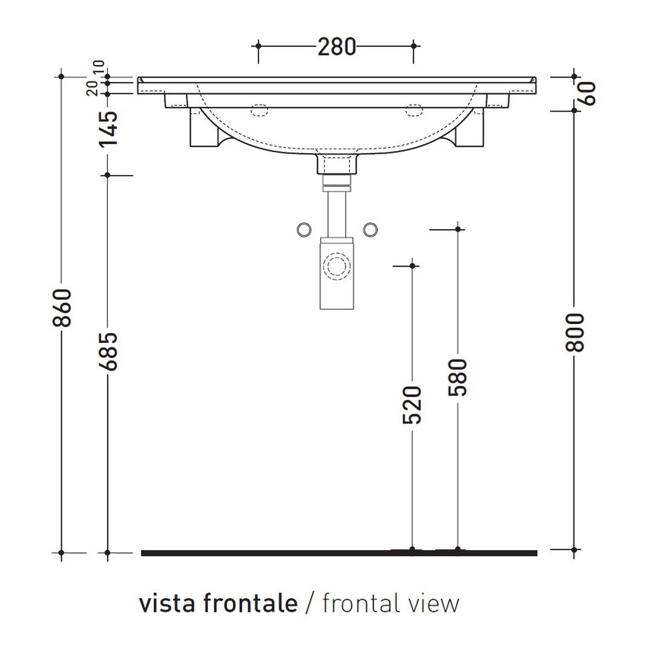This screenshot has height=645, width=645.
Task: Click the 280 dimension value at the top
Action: (x=336, y=47)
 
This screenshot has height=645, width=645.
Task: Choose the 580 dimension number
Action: (x=458, y=377)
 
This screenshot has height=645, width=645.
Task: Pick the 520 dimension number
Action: (x=412, y=404)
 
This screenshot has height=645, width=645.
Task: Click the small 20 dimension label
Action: (x=92, y=88)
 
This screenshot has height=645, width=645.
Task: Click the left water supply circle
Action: (x=302, y=229)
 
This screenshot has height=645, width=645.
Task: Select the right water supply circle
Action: (x=371, y=229)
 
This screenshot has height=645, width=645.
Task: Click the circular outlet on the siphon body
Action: (x=336, y=266)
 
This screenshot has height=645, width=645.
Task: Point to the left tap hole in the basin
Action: (x=260, y=109)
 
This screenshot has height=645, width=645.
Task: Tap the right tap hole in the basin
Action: (x=414, y=109)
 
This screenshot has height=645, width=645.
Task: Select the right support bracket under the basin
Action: (x=469, y=133)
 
